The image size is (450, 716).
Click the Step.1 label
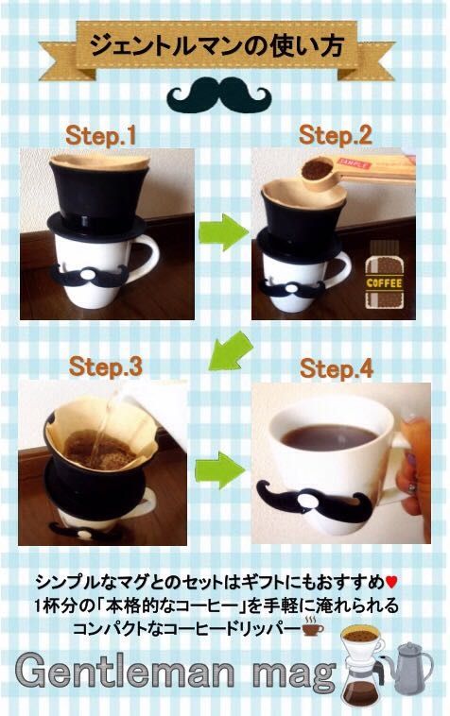(x=101, y=136)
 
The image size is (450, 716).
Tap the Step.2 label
(x=336, y=136)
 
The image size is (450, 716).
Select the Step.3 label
(x=106, y=367)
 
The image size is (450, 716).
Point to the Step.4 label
(x=337, y=369)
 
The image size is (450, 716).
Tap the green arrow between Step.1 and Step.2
(x=223, y=232)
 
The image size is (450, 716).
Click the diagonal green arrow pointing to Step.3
(x=230, y=350)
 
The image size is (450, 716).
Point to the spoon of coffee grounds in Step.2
(x=320, y=173)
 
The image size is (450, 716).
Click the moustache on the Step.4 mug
(x=314, y=501)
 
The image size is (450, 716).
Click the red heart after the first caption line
(x=391, y=582)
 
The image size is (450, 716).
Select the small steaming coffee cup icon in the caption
(x=313, y=626)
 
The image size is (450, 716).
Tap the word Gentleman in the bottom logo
(x=124, y=672)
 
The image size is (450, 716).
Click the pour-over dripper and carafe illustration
(x=363, y=668)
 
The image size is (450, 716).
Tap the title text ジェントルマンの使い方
(x=216, y=46)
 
